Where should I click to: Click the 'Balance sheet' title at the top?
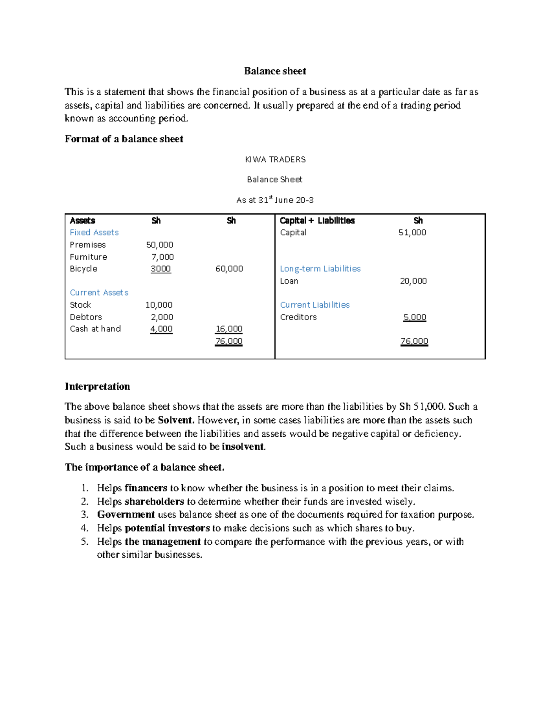pos(275,71)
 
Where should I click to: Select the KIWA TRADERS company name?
pos(275,159)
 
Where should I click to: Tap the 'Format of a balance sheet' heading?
pos(124,139)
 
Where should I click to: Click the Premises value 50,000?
pos(159,245)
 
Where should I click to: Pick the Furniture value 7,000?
pos(163,257)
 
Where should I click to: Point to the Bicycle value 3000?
pos(161,269)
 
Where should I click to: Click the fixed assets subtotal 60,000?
pos(229,269)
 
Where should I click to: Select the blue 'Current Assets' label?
pos(99,293)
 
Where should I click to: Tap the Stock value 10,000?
pos(159,305)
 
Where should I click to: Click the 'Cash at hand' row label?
pos(95,329)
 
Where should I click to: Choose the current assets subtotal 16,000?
pos(229,329)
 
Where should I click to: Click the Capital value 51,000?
pos(412,233)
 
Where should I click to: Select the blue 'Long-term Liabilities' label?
pos(320,269)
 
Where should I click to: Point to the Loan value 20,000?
pos(413,281)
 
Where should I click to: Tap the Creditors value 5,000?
pos(415,317)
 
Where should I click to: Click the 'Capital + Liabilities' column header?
pos(317,221)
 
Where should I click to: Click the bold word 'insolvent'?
pos(243,446)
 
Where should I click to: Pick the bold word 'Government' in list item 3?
pos(126,515)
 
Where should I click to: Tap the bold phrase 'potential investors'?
pos(167,528)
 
